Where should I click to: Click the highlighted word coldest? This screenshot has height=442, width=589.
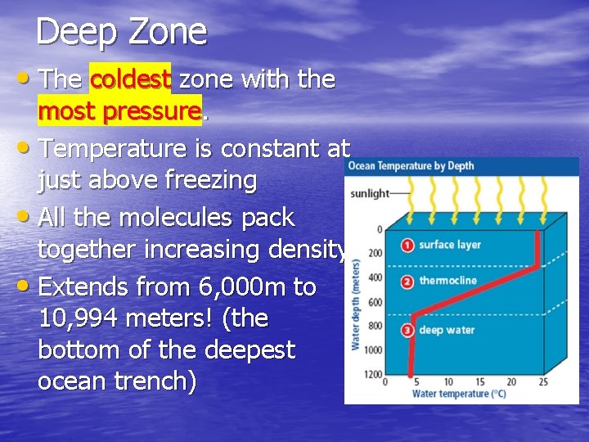130,79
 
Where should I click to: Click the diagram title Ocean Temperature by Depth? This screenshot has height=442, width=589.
411,166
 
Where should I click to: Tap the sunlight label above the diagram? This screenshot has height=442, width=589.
368,194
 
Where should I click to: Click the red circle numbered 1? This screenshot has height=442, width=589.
407,245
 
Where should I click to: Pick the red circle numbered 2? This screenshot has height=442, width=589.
407,282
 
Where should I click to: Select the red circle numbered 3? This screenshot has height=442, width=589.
407,331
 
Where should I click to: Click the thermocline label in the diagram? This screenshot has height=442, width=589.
447,282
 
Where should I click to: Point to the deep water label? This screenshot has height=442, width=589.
447,331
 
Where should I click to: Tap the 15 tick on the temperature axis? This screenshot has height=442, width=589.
479,382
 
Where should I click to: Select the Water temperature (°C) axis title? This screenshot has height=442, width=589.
458,394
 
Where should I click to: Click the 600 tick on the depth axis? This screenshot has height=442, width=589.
375,302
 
